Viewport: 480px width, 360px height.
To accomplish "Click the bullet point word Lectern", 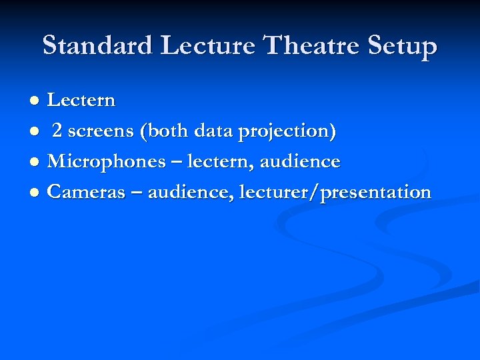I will (81, 101).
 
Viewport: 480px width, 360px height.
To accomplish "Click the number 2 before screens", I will (58, 131).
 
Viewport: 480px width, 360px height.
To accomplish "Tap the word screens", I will (101, 132).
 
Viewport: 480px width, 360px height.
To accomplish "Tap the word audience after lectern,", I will (300, 162).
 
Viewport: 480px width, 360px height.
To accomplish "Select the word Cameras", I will (87, 193).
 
